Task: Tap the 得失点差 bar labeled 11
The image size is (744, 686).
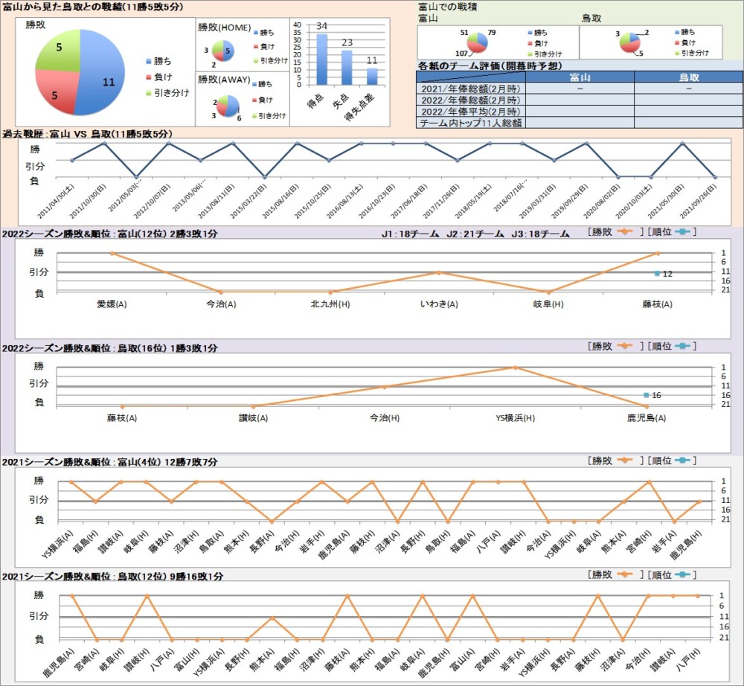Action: click(372, 77)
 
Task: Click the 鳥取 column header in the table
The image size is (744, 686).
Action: click(688, 77)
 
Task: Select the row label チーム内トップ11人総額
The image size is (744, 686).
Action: click(470, 123)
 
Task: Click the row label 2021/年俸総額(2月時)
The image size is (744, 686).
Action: click(470, 89)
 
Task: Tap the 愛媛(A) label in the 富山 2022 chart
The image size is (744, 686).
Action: click(112, 304)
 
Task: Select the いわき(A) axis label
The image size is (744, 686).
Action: click(439, 304)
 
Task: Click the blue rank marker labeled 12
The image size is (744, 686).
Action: click(658, 274)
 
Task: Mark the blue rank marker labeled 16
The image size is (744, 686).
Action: click(647, 395)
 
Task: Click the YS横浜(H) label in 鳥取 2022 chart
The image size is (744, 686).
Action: click(515, 418)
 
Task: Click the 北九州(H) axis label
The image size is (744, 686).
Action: click(330, 304)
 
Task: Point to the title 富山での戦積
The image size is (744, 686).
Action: click(448, 7)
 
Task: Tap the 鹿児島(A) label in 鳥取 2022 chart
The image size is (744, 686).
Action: click(646, 418)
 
